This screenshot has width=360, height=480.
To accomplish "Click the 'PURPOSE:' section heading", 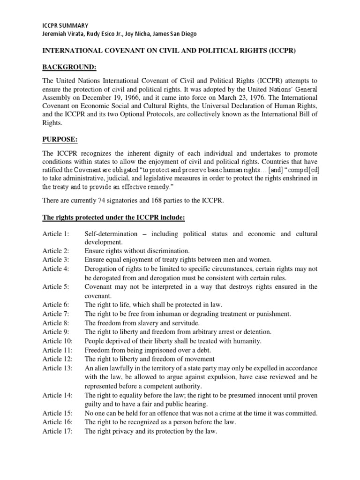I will click(59, 140).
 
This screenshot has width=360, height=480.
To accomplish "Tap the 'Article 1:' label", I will click(56, 233).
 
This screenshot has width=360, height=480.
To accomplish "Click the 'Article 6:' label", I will click(56, 305).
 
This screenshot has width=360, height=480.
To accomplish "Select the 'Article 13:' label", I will click(58, 368).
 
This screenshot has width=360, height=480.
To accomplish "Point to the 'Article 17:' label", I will click(58, 431).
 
